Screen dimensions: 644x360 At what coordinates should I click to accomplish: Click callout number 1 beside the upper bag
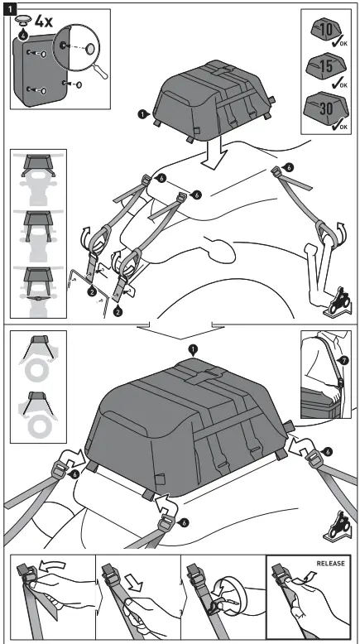pos(143,113)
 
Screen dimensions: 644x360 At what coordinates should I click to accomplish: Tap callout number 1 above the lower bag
pos(193,350)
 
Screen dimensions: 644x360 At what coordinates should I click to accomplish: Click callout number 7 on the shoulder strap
pos(344,361)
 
